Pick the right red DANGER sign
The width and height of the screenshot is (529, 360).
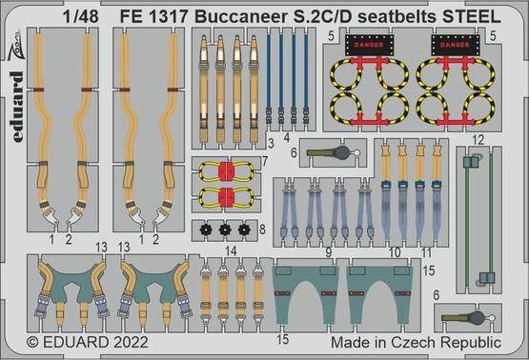click(453, 43)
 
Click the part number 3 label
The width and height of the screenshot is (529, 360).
click(272, 143)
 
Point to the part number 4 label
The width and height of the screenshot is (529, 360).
click(287, 137)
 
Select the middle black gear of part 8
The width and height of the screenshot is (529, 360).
click(224, 229)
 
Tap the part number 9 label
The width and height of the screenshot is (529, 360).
click(328, 253)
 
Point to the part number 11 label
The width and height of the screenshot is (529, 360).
click(412, 253)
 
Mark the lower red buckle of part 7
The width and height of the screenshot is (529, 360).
click(226, 197)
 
